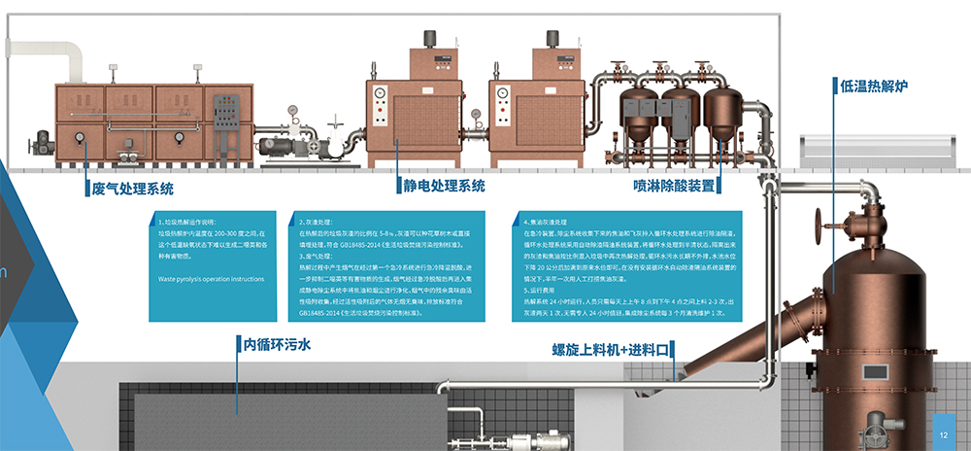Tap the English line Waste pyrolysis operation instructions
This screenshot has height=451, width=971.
(211, 279)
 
